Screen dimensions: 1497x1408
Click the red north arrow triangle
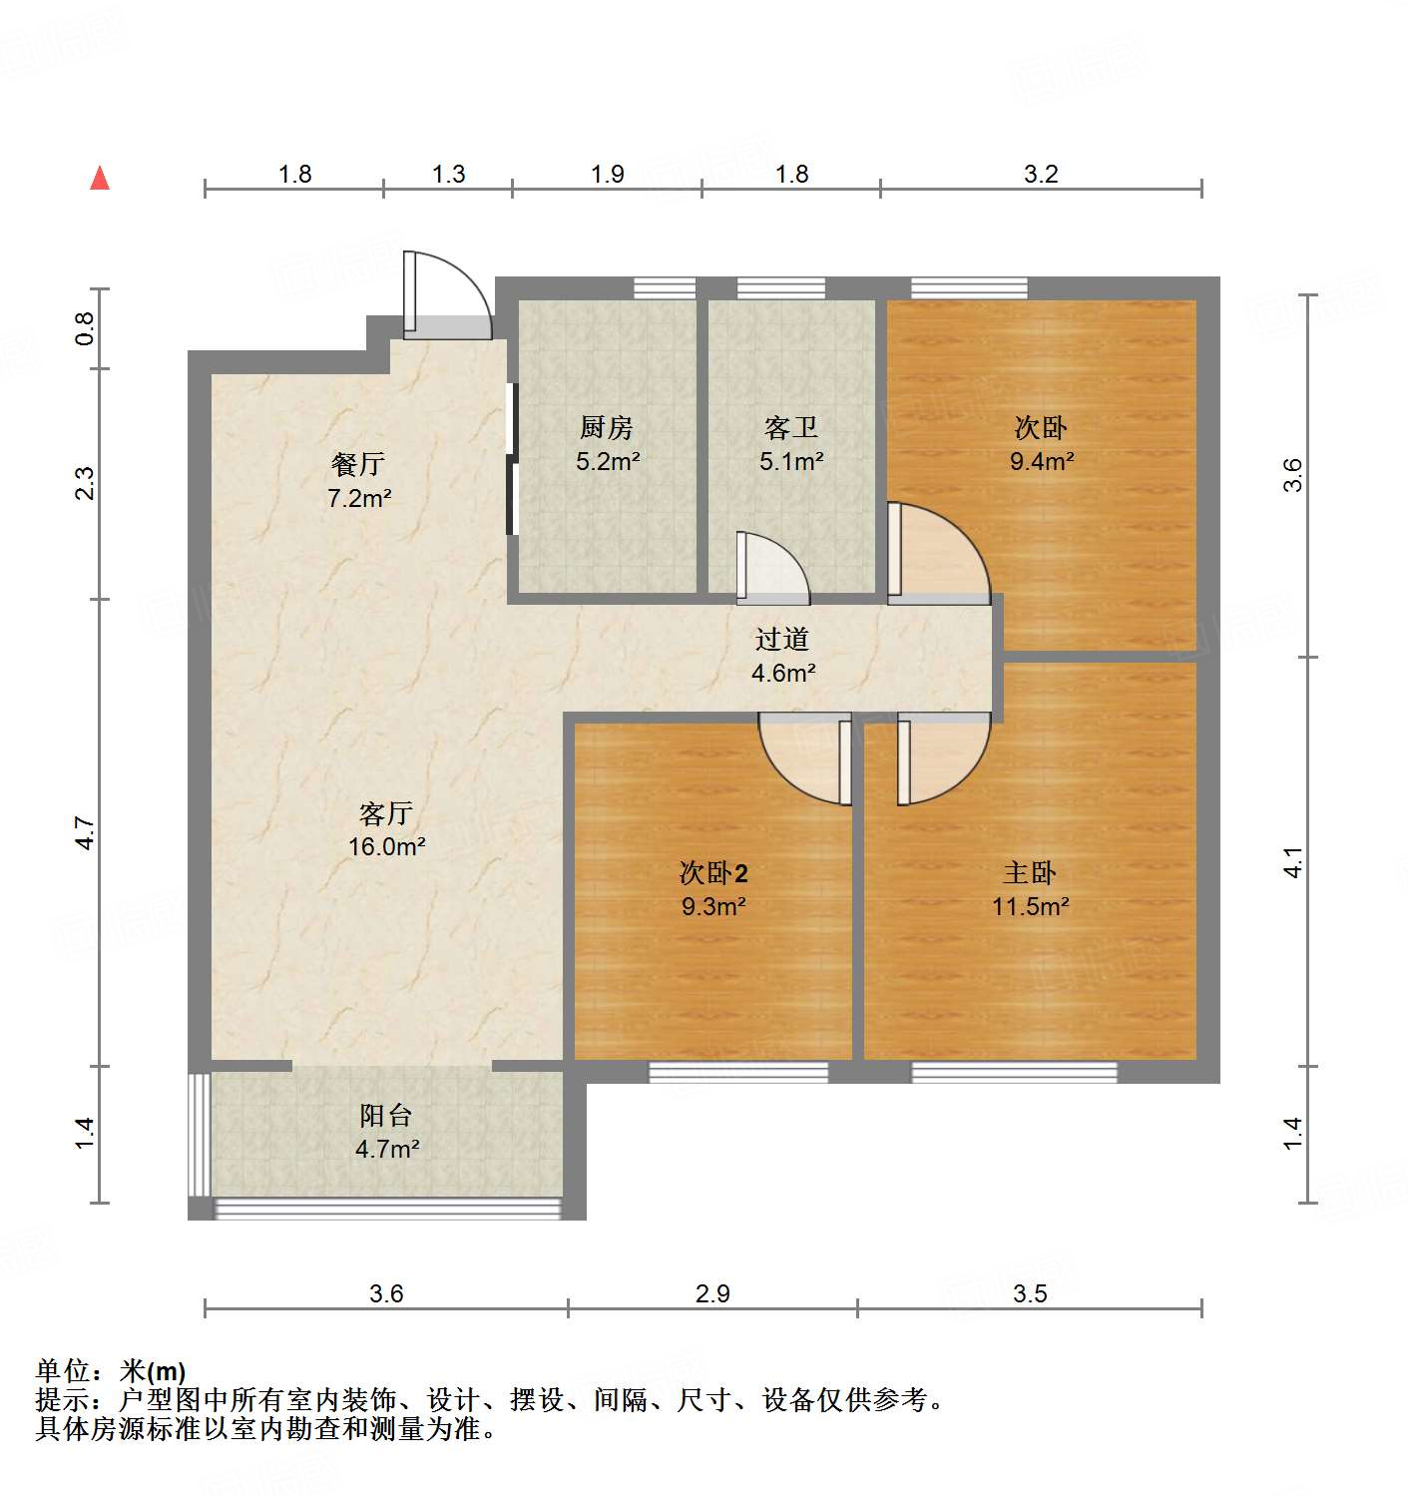pos(100,178)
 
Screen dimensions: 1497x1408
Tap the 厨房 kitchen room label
pos(607,428)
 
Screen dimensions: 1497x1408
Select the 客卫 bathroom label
pos(791,428)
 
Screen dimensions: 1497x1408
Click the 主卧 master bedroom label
pos(1030,873)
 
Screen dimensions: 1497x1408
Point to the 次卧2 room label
pos(713,873)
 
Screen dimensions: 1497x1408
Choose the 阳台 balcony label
pos(386,1116)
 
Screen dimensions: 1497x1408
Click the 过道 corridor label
pos(782,639)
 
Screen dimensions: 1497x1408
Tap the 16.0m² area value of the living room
pos(387,847)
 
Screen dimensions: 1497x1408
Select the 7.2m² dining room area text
pos(359,498)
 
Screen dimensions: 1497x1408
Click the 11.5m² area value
pos(1031,907)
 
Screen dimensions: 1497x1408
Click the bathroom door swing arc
pos(770,569)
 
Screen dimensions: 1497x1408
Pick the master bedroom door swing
pos(938,758)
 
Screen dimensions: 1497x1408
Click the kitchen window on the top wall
pos(665,288)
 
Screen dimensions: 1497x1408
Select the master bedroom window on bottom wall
pos(1014,1073)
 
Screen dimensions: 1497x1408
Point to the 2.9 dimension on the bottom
pos(712,1294)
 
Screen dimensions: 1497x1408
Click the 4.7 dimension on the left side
pos(86,833)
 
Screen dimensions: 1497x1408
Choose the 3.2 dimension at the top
pos(1041,175)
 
